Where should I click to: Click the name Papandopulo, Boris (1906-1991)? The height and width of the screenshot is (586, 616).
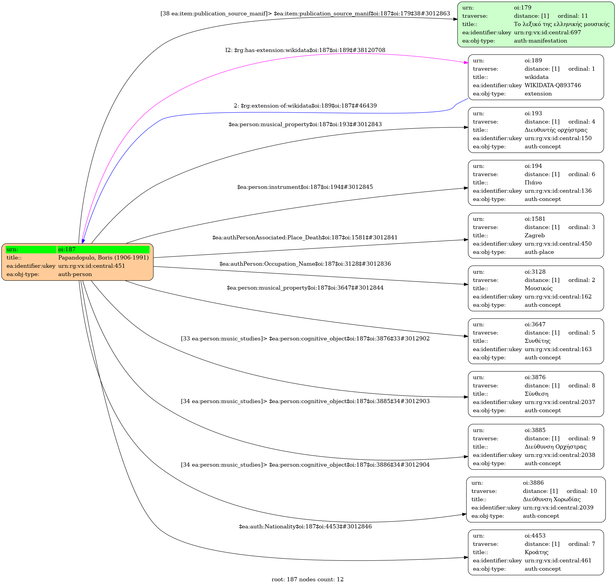click(x=103, y=258)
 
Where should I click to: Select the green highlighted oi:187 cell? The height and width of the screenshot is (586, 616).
click(x=103, y=249)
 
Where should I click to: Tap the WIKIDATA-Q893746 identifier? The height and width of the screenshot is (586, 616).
click(x=552, y=85)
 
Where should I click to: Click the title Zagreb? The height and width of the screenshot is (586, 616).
click(x=534, y=236)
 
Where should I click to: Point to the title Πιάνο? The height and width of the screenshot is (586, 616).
click(x=533, y=183)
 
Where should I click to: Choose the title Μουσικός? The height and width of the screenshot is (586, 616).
click(x=539, y=288)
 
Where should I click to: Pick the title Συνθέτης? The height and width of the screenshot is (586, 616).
click(x=537, y=341)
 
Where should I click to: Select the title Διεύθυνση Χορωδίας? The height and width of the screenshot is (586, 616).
click(x=551, y=499)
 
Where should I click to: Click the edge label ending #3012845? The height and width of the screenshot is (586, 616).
click(x=305, y=187)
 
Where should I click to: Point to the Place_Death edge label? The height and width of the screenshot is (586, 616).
click(x=305, y=237)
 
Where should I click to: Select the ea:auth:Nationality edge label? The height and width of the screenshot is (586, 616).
click(x=305, y=526)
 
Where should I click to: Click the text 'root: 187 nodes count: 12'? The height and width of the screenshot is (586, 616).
click(x=307, y=579)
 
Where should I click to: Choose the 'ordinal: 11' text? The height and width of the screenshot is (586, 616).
click(x=573, y=16)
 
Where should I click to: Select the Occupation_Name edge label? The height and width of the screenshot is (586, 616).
click(x=305, y=264)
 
